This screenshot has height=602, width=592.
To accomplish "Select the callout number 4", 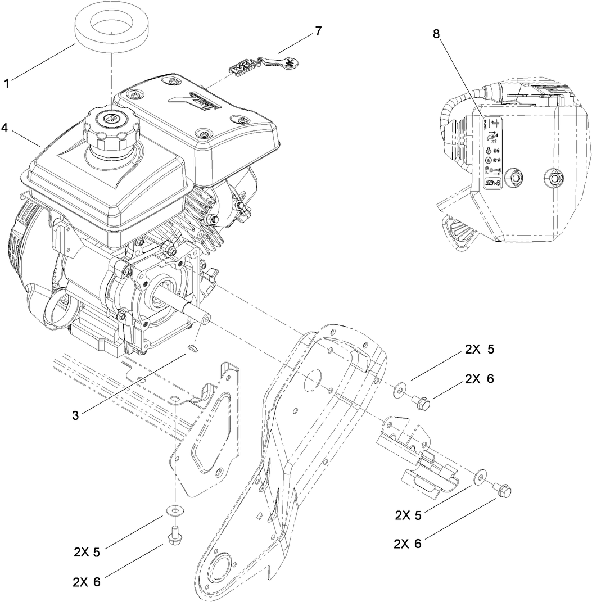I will tap(5, 128).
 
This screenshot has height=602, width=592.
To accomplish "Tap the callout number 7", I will tap(318, 31).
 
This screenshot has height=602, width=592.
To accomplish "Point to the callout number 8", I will tap(436, 33).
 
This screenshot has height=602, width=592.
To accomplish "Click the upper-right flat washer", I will tap(399, 388).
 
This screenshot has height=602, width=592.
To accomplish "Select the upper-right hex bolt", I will tap(422, 401).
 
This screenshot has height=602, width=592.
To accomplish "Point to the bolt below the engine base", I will tap(175, 535).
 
